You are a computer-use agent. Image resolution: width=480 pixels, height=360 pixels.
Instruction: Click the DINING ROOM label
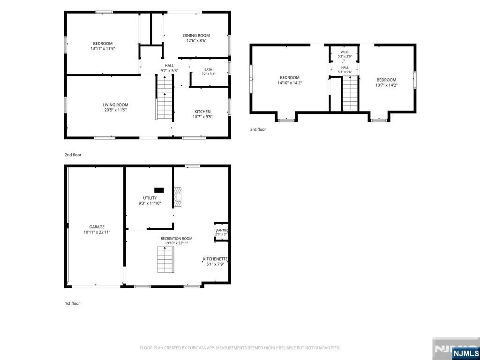tap(196, 36)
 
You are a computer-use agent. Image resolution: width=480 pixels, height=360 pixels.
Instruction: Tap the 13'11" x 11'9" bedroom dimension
tap(103, 48)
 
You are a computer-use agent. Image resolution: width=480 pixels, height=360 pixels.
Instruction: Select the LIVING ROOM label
tap(115, 105)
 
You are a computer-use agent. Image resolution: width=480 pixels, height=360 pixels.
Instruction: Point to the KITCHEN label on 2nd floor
tap(202, 112)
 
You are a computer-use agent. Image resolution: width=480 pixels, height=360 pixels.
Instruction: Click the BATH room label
tap(209, 69)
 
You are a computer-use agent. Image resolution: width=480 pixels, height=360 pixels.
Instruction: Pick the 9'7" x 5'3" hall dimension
tap(169, 70)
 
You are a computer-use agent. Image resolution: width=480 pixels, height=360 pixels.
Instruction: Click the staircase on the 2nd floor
tap(165, 97)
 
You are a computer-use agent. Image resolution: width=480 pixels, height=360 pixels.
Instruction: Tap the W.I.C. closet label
tap(345, 52)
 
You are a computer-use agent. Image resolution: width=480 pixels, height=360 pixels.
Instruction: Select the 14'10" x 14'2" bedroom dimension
tap(289, 82)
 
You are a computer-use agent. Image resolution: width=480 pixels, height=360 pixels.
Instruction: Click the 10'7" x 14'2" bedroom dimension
tap(386, 85)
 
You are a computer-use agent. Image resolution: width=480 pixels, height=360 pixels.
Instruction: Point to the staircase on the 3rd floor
tap(350, 93)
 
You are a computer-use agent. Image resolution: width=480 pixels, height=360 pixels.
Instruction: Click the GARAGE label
tap(97, 227)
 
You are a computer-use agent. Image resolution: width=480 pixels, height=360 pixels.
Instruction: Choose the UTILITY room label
tap(150, 198)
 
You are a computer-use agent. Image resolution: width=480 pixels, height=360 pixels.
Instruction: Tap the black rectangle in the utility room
tap(159, 190)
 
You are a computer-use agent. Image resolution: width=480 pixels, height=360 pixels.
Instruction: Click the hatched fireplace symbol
tap(178, 197)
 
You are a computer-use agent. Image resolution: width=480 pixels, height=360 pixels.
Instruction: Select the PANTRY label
tap(222, 231)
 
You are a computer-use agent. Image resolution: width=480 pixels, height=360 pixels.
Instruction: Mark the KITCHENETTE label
tap(215, 259)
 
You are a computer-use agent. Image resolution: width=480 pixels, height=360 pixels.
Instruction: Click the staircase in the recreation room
tap(165, 259)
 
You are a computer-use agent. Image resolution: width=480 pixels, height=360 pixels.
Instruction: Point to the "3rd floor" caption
tap(258, 129)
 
